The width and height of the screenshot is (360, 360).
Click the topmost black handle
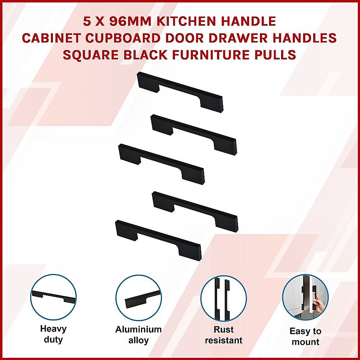[180, 92]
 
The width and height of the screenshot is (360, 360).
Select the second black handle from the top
[194, 135]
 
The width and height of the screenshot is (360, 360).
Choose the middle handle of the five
[161, 164]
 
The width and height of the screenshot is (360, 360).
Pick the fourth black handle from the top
[195, 211]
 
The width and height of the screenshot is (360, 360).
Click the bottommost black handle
[158, 240]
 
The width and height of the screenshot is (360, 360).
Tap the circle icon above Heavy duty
[54, 297]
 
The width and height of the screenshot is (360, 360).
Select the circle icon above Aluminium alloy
[139, 298]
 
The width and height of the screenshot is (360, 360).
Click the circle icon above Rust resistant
[224, 298]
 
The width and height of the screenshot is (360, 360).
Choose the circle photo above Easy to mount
[305, 297]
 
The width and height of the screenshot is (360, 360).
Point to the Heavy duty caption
[53, 334]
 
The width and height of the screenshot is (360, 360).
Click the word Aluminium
[139, 329]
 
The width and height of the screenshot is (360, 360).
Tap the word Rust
[224, 330]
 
